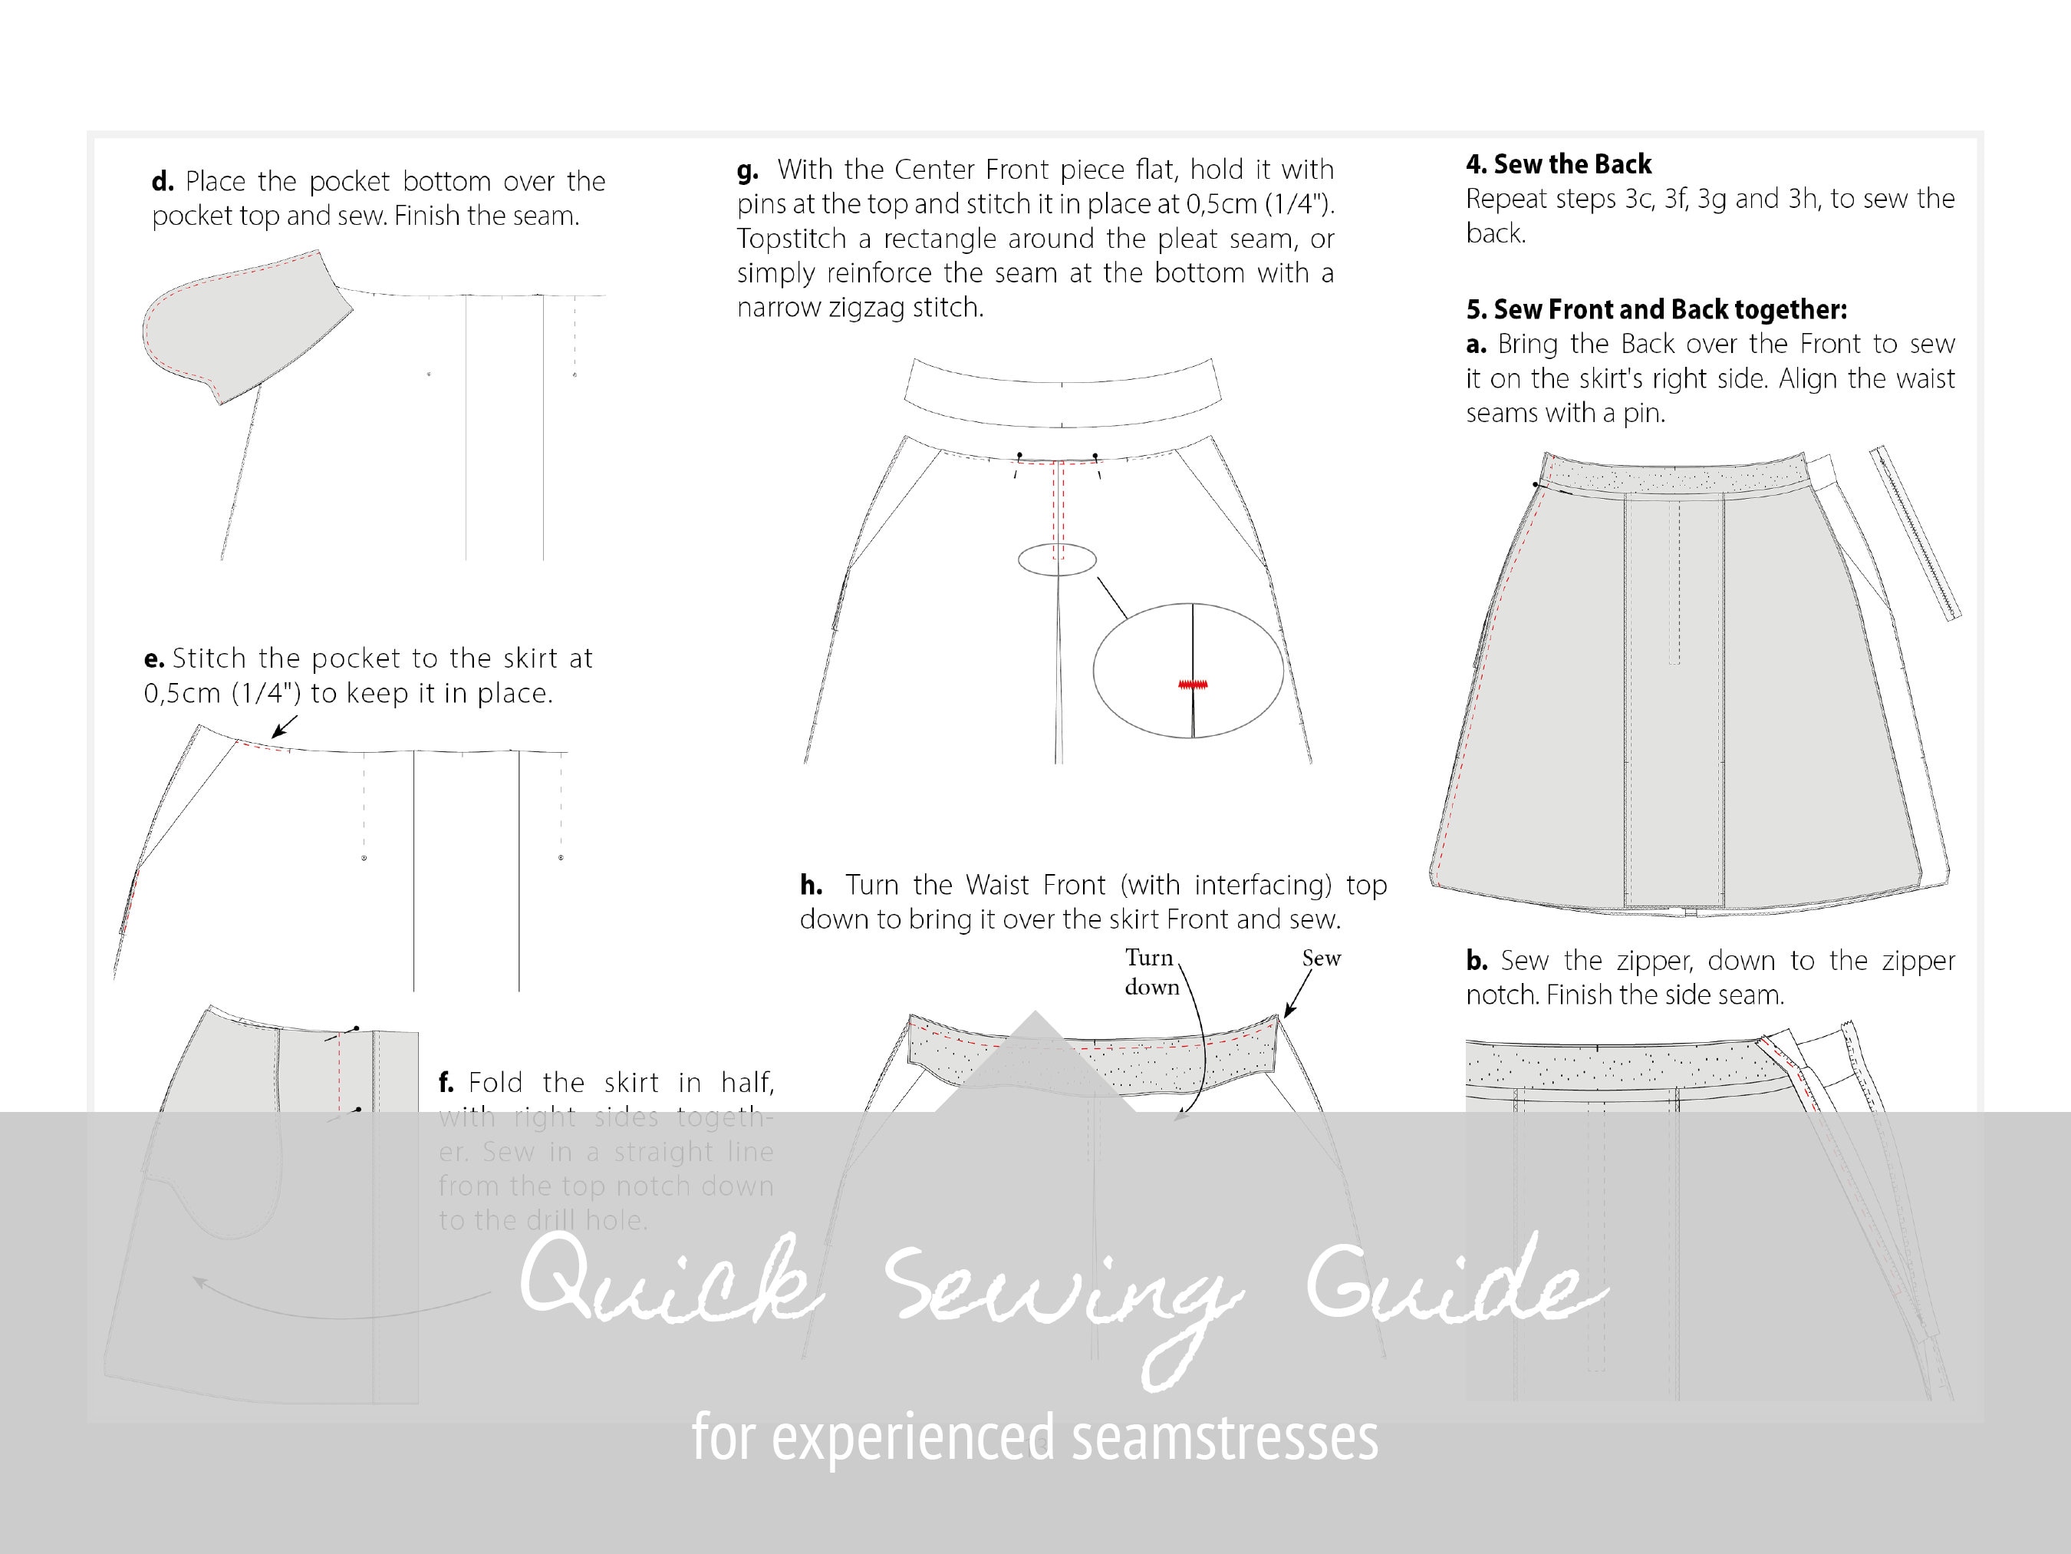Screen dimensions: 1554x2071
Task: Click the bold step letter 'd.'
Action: [163, 182]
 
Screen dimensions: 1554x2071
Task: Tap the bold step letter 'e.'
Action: [153, 659]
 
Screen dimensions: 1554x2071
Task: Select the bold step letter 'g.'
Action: [747, 171]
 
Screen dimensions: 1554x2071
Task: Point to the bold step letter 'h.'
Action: [811, 885]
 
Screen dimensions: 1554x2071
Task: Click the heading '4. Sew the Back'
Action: [1558, 164]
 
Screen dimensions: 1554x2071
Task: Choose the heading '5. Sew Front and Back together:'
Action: [1656, 309]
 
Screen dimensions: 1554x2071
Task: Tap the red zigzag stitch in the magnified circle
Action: [1193, 685]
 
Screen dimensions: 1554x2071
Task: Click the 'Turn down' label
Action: [1151, 972]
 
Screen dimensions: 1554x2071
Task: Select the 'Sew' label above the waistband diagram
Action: [1321, 958]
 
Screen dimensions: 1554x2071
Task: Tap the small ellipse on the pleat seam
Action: [1057, 560]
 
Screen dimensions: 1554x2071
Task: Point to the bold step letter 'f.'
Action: [446, 1084]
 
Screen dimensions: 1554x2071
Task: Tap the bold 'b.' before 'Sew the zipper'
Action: [1477, 961]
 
